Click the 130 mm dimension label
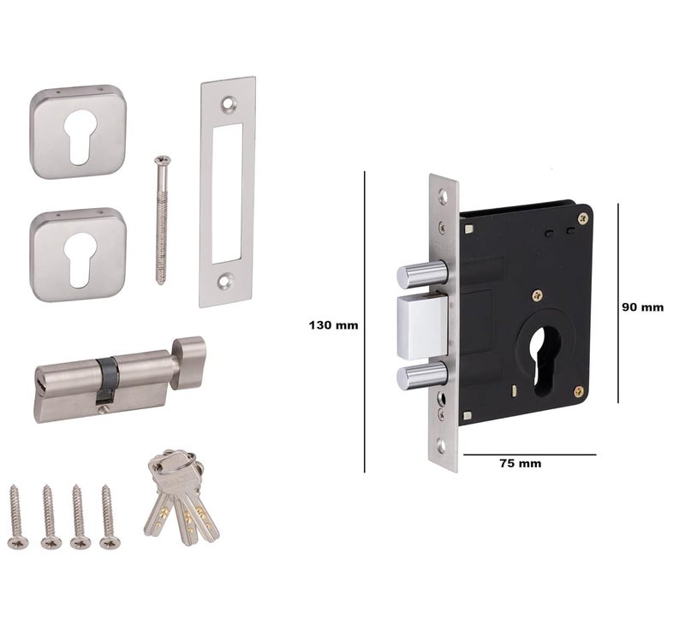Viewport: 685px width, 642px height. pyautogui.click(x=333, y=325)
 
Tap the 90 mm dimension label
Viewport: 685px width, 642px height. pyautogui.click(x=642, y=307)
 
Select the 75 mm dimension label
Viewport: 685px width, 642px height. pyautogui.click(x=520, y=463)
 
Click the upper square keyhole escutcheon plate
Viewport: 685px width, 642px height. pyautogui.click(x=79, y=132)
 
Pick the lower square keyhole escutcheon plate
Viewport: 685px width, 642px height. pyautogui.click(x=79, y=255)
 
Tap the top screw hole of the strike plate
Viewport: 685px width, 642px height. pyautogui.click(x=228, y=104)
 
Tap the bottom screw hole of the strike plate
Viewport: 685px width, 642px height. pyautogui.click(x=225, y=280)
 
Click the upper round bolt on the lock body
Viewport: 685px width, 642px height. pyautogui.click(x=421, y=274)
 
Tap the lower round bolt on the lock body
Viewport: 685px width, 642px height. pyautogui.click(x=421, y=375)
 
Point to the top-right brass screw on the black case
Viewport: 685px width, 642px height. pyautogui.click(x=582, y=218)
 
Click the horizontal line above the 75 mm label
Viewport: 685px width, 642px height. pyautogui.click(x=527, y=455)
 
